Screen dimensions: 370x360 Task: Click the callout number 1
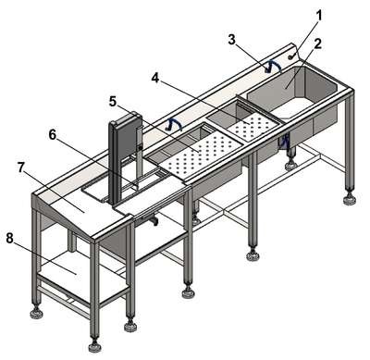click(x=320, y=16)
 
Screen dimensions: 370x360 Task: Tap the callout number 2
click(x=317, y=43)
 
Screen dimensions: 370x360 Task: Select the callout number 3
click(x=232, y=40)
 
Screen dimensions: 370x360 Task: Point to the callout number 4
click(x=155, y=78)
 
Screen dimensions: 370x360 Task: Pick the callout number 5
click(x=113, y=102)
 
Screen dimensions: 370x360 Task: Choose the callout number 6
click(x=53, y=135)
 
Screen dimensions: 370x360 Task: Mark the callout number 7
click(x=21, y=168)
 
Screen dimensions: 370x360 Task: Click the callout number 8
click(x=10, y=238)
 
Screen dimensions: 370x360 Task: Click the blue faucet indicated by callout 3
click(x=273, y=66)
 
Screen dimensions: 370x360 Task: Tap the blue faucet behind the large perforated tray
click(x=174, y=124)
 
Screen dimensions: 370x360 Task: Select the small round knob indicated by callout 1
click(x=290, y=56)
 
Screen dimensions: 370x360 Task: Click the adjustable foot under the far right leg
click(x=350, y=199)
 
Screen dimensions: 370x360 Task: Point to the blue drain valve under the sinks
click(x=286, y=142)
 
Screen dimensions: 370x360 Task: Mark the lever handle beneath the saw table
click(x=150, y=219)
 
